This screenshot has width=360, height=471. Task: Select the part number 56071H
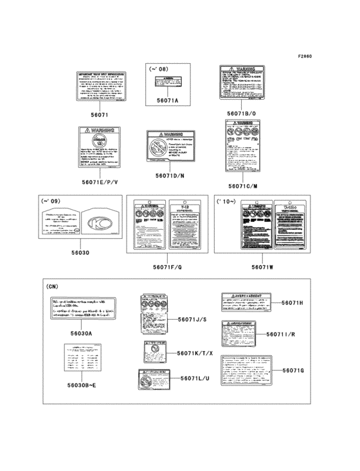pyautogui.click(x=294, y=302)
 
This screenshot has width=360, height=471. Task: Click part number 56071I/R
pyautogui.click(x=294, y=334)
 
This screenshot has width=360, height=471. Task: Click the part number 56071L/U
pyautogui.click(x=195, y=378)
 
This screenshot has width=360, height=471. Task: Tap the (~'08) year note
pyautogui.click(x=159, y=68)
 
